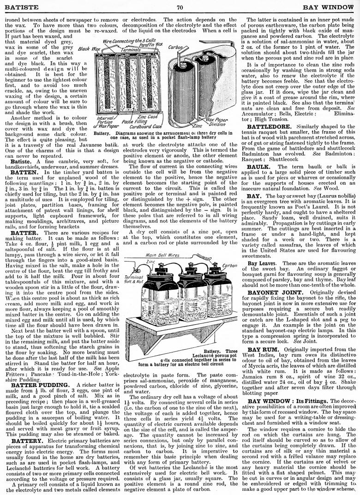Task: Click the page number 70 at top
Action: point(180,7)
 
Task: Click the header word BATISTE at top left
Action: point(19,7)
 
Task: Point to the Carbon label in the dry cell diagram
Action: point(162,47)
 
